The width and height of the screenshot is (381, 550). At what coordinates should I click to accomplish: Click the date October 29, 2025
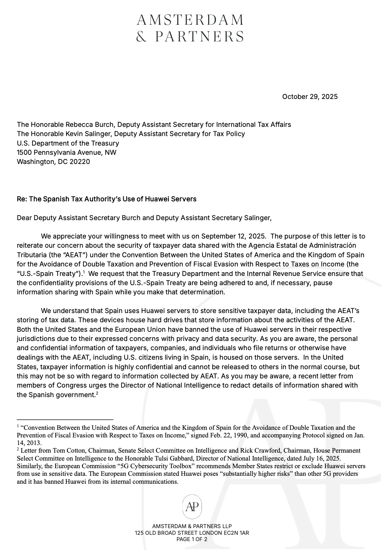click(x=310, y=97)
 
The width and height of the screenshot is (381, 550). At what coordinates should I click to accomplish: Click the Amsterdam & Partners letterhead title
click(x=190, y=28)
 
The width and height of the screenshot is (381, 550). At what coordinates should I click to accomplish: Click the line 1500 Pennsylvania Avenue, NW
click(x=67, y=153)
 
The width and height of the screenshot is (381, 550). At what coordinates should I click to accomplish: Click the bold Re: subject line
click(x=107, y=199)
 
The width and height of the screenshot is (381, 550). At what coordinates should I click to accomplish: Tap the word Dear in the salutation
click(x=24, y=218)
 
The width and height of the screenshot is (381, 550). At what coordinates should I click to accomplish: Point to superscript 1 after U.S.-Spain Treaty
click(x=84, y=272)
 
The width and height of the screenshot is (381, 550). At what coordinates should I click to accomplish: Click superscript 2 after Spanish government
click(x=97, y=393)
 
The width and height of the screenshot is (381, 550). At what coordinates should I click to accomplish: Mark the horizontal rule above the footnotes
click(x=65, y=419)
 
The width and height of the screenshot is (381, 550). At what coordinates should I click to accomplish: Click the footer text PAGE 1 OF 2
click(x=192, y=539)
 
